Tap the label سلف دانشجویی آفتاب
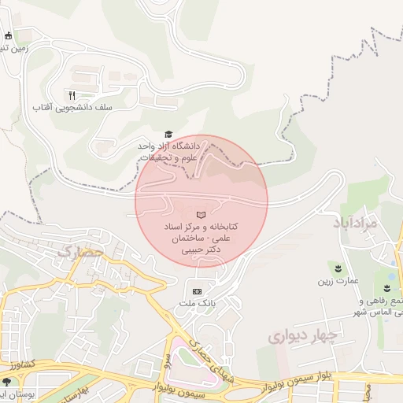coord(72,106)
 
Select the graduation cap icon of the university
coord(168,135)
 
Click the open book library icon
coord(201,214)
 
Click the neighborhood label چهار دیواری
coord(303,337)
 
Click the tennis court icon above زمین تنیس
coord(8,35)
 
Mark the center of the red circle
coord(201,201)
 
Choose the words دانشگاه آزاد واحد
coord(169,146)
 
